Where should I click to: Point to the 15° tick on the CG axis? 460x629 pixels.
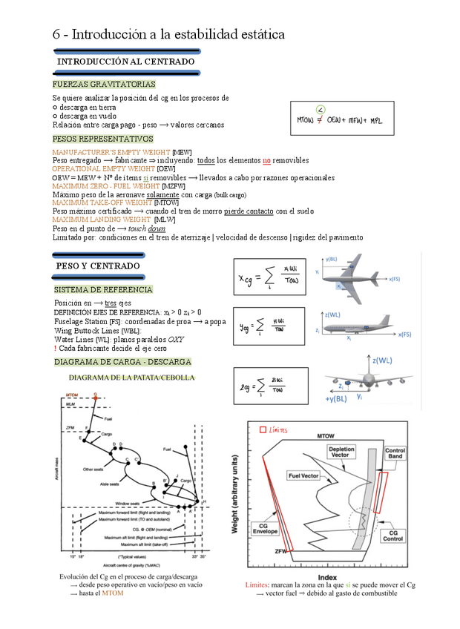72,556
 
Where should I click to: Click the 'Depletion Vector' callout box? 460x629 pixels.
342,452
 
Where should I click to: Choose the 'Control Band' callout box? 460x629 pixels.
395,453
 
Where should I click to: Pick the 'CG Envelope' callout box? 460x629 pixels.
264,528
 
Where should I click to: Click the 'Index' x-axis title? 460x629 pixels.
327,576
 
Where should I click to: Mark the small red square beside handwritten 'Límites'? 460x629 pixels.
263,429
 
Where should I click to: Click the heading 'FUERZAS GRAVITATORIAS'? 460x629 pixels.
103,85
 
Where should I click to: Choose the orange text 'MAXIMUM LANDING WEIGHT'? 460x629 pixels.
102,220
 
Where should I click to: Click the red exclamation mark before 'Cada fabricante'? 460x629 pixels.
55,348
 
